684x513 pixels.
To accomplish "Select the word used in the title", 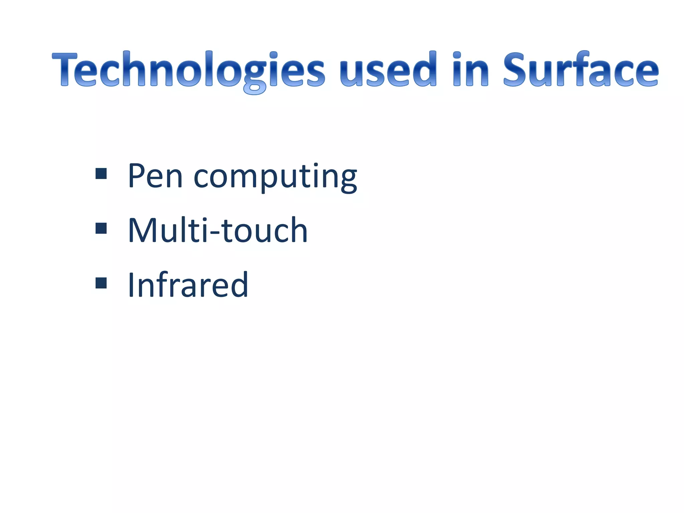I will coord(388,69).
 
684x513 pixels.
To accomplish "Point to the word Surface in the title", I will coord(581,69).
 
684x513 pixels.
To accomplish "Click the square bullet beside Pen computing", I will coord(101,174).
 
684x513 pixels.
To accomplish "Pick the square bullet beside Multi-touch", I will coord(101,228).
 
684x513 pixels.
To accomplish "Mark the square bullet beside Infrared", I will coord(101,283).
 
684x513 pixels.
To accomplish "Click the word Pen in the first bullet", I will coord(155,176).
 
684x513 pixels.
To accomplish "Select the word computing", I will coord(275,177).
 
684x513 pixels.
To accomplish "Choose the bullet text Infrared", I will coord(188,285).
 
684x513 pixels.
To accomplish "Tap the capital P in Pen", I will coord(137,176).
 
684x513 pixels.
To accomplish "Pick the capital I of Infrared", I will coord(131,285).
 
